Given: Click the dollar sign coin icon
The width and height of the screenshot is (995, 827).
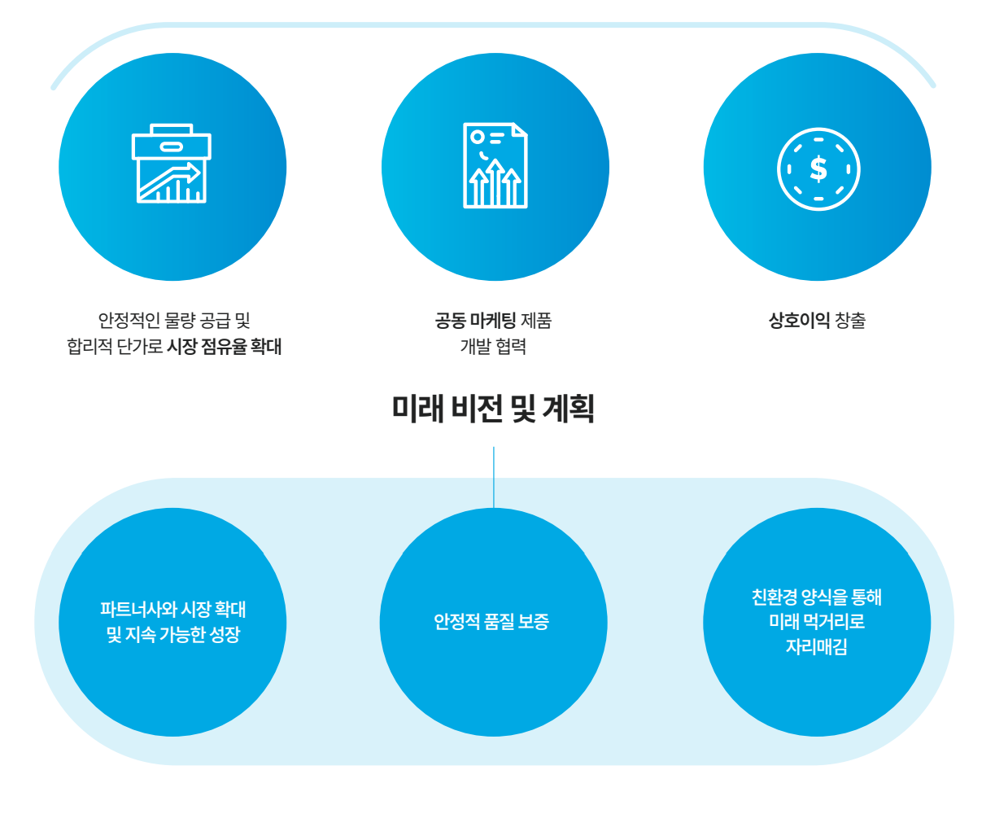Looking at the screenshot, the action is coord(818,169).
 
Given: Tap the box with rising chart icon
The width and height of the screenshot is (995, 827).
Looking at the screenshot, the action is coord(171,164).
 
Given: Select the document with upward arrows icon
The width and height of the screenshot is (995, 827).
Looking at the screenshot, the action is coord(495,166).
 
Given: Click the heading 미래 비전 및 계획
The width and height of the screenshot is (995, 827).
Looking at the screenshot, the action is coord(493,408).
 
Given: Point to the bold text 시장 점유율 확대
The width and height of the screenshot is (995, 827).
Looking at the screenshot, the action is coord(224,347).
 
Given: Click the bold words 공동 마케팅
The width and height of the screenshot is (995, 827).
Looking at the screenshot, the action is coord(475,321).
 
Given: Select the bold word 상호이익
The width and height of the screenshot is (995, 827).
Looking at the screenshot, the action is coord(799,321).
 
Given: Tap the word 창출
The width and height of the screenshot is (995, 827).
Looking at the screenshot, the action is coord(850,321).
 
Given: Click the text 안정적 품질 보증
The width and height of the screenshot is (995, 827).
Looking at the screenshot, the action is coord(491,622).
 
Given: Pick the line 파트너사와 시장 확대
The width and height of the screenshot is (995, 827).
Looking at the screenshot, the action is coord(172,610).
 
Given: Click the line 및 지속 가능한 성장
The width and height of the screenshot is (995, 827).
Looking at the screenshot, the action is coord(172,635).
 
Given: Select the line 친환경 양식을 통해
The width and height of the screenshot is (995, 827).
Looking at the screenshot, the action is coord(816,597).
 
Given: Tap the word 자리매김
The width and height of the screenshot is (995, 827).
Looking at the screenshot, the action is coord(816,647).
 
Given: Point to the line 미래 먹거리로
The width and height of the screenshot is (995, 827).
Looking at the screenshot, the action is coord(816,622).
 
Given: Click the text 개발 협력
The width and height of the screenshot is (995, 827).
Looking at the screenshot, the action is coord(493,347).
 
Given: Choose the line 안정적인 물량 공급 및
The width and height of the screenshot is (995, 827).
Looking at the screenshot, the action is coord(173,321).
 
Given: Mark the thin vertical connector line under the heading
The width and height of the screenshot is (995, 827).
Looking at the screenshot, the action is coord(494,477).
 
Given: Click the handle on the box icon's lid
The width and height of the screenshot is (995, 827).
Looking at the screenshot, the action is coord(171,147).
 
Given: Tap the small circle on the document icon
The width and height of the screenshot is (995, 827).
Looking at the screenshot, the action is coord(478,137).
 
